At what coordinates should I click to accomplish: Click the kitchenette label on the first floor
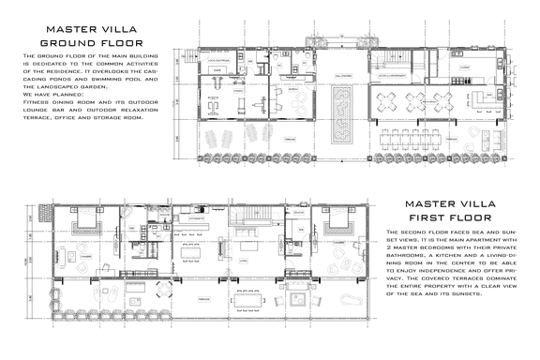point(197,218)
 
